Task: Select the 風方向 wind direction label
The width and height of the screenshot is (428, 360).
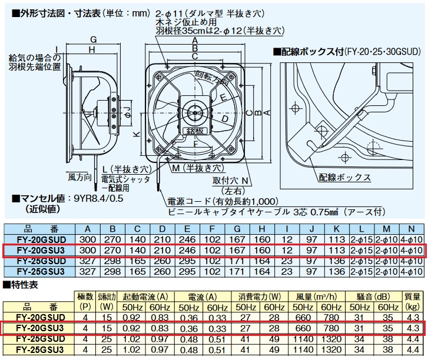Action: click(79, 176)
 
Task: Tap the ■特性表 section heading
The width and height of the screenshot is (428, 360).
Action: click(22, 285)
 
